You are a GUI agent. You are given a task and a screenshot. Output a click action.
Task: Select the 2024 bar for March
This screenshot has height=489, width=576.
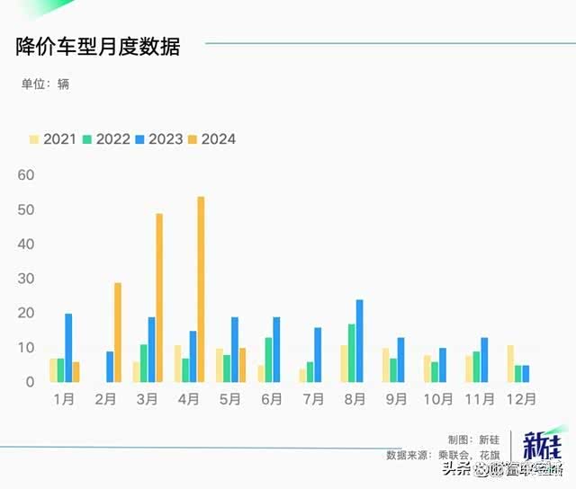[x=159, y=298]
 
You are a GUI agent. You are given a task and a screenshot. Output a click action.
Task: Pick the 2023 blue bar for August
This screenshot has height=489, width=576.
[x=359, y=341]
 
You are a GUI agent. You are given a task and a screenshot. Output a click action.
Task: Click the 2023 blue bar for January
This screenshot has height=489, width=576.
[x=68, y=348]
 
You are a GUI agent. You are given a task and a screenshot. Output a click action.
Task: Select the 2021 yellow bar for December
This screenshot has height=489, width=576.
[x=510, y=363]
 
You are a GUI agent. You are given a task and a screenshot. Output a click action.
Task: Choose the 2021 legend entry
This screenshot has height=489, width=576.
[x=52, y=139]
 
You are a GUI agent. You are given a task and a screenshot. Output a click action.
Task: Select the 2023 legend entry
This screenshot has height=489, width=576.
[x=158, y=139]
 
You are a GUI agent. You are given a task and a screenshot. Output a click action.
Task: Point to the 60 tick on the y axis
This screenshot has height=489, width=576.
[x=25, y=174]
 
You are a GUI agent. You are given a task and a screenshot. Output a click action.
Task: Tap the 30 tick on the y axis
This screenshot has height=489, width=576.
[x=25, y=279]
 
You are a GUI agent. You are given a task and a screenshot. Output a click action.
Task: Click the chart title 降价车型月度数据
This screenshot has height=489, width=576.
[x=98, y=47]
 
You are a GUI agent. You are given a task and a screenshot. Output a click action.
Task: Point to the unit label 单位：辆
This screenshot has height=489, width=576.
[x=45, y=84]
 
